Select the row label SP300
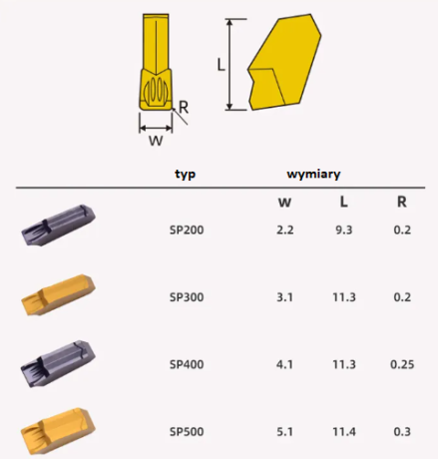tap(186, 296)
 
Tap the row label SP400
tap(186, 364)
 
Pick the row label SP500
tap(186, 433)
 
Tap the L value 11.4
tap(343, 433)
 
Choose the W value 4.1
tap(285, 364)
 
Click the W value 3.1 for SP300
tap(285, 296)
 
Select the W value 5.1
tap(285, 433)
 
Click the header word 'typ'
tap(186, 174)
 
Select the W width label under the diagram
tap(155, 141)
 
